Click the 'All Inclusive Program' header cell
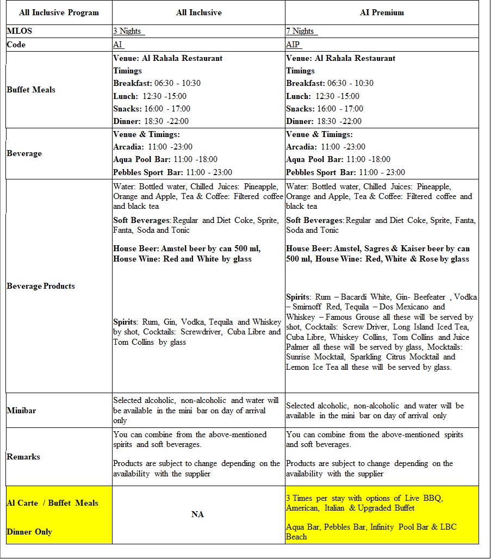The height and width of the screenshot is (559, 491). pyautogui.click(x=59, y=13)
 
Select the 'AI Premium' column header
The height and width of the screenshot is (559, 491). pyautogui.click(x=382, y=13)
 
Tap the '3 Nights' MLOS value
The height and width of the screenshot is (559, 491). pyautogui.click(x=127, y=32)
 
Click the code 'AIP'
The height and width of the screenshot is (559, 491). pyautogui.click(x=293, y=45)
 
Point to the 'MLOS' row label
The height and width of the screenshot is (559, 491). pyautogui.click(x=20, y=32)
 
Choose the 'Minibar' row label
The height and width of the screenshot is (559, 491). pyautogui.click(x=21, y=411)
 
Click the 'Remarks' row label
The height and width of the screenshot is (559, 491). pyautogui.click(x=23, y=457)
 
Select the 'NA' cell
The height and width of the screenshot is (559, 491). pyautogui.click(x=198, y=514)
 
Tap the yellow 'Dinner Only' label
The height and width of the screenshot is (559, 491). pyautogui.click(x=29, y=532)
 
